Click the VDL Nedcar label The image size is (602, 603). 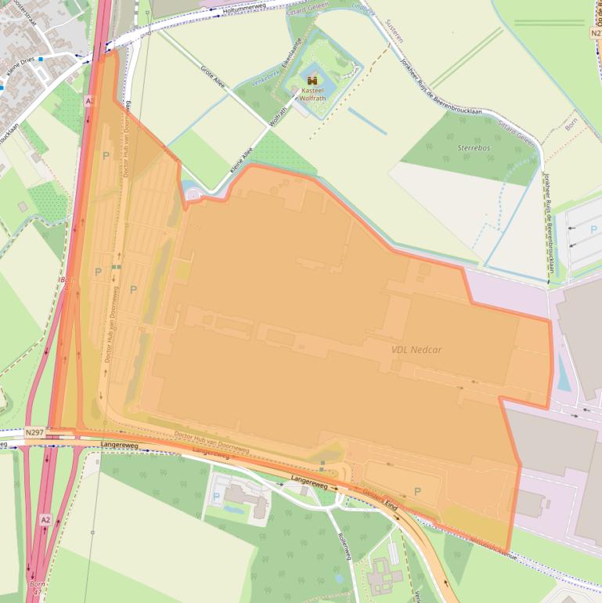416,349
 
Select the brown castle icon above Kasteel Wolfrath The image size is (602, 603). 312,80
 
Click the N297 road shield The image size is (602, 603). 34,431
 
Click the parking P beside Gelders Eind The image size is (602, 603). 416,491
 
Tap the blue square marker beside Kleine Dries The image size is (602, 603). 41,58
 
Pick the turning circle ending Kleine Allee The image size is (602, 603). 191,193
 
